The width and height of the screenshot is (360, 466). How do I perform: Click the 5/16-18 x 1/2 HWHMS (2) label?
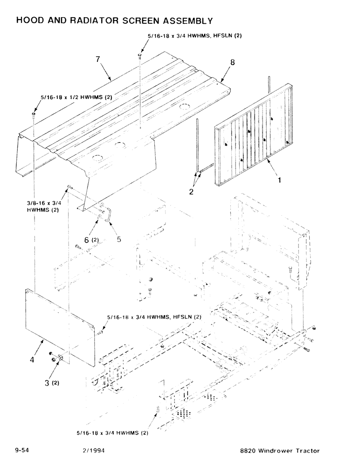pyautogui.click(x=76, y=97)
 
